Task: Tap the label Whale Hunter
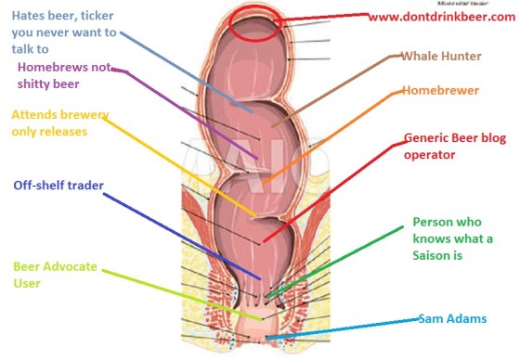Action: tap(439, 56)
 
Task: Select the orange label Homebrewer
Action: tap(439, 91)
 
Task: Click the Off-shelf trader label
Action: tap(58, 185)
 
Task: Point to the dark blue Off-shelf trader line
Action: tap(186, 232)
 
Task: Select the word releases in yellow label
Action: tap(71, 132)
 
